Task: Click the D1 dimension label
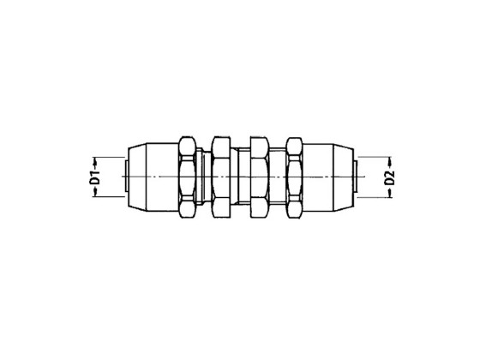coord(96,178)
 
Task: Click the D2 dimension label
coord(388,178)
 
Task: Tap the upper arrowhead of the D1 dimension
coord(96,160)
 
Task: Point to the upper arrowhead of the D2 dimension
coord(388,160)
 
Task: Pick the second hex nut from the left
coord(220,178)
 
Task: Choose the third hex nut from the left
coord(259,178)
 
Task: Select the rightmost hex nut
coord(294,178)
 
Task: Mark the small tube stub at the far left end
coord(125,178)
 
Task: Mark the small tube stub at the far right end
coord(355,178)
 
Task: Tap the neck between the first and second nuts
coord(202,178)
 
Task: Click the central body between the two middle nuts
coord(240,178)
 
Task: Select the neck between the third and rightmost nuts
coord(277,178)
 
